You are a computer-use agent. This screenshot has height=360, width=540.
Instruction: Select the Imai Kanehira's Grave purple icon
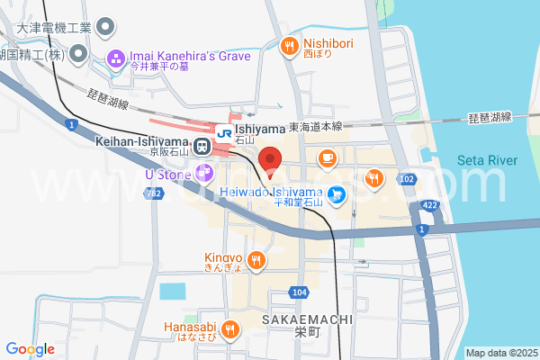click(x=116, y=59)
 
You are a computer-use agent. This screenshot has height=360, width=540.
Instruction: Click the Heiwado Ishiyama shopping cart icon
click(x=336, y=193)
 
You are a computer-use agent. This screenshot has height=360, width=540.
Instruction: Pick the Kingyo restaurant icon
click(x=256, y=261)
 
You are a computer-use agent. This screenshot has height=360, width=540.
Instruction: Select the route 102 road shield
click(x=407, y=180)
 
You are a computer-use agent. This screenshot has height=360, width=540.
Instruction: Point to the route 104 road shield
click(x=300, y=293)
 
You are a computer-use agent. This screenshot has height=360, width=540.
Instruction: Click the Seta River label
click(x=488, y=160)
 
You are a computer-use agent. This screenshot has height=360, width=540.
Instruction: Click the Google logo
click(x=30, y=349)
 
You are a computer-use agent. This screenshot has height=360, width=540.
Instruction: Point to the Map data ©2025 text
click(x=500, y=353)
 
